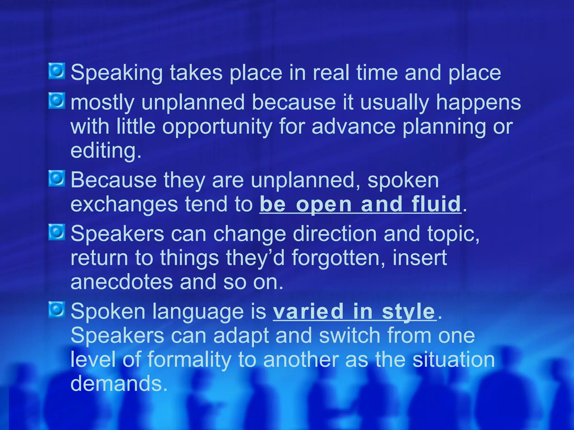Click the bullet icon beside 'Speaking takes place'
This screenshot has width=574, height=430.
57,71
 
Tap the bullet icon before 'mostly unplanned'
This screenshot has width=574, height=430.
57,101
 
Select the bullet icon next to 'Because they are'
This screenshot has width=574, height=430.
57,179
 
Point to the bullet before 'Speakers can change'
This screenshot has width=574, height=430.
57,232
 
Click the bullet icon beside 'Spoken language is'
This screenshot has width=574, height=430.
57,310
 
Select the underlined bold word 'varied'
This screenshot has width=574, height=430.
308,311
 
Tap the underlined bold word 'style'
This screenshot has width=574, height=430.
408,312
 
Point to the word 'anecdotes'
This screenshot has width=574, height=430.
122,282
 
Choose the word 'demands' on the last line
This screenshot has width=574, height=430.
116,384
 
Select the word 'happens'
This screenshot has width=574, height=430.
478,103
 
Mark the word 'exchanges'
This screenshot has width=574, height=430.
124,205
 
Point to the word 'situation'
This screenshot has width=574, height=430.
453,359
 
